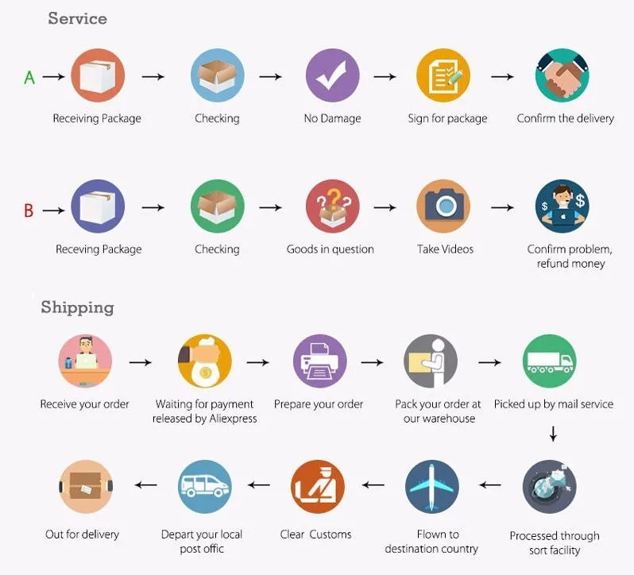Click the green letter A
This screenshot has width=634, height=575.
pyautogui.click(x=29, y=77)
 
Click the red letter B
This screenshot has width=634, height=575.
pyautogui.click(x=29, y=210)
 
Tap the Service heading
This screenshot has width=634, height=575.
pyautogui.click(x=78, y=18)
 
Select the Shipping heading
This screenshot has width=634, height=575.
pyautogui.click(x=77, y=307)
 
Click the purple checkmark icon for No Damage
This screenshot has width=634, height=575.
pyautogui.click(x=332, y=75)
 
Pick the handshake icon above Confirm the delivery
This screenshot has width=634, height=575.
pyautogui.click(x=562, y=75)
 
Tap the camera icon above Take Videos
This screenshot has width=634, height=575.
pyautogui.click(x=443, y=206)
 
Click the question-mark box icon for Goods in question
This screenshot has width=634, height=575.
pyautogui.click(x=332, y=206)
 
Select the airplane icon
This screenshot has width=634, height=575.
pyautogui.click(x=432, y=487)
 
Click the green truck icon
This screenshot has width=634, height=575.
pyautogui.click(x=550, y=361)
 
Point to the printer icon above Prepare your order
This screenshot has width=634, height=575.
pyautogui.click(x=320, y=361)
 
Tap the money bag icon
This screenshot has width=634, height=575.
pyautogui.click(x=205, y=361)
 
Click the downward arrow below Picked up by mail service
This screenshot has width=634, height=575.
pyautogui.click(x=553, y=434)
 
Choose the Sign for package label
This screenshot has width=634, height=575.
pyautogui.click(x=447, y=118)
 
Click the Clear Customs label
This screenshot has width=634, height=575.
pyautogui.click(x=315, y=534)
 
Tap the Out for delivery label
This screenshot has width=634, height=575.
pyautogui.click(x=82, y=534)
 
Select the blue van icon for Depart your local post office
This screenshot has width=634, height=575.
pyautogui.click(x=205, y=487)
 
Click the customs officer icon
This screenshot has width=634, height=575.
pyautogui.click(x=318, y=487)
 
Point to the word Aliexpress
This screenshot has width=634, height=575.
pyautogui.click(x=233, y=419)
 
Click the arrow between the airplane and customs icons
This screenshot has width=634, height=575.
pyautogui.click(x=373, y=484)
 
